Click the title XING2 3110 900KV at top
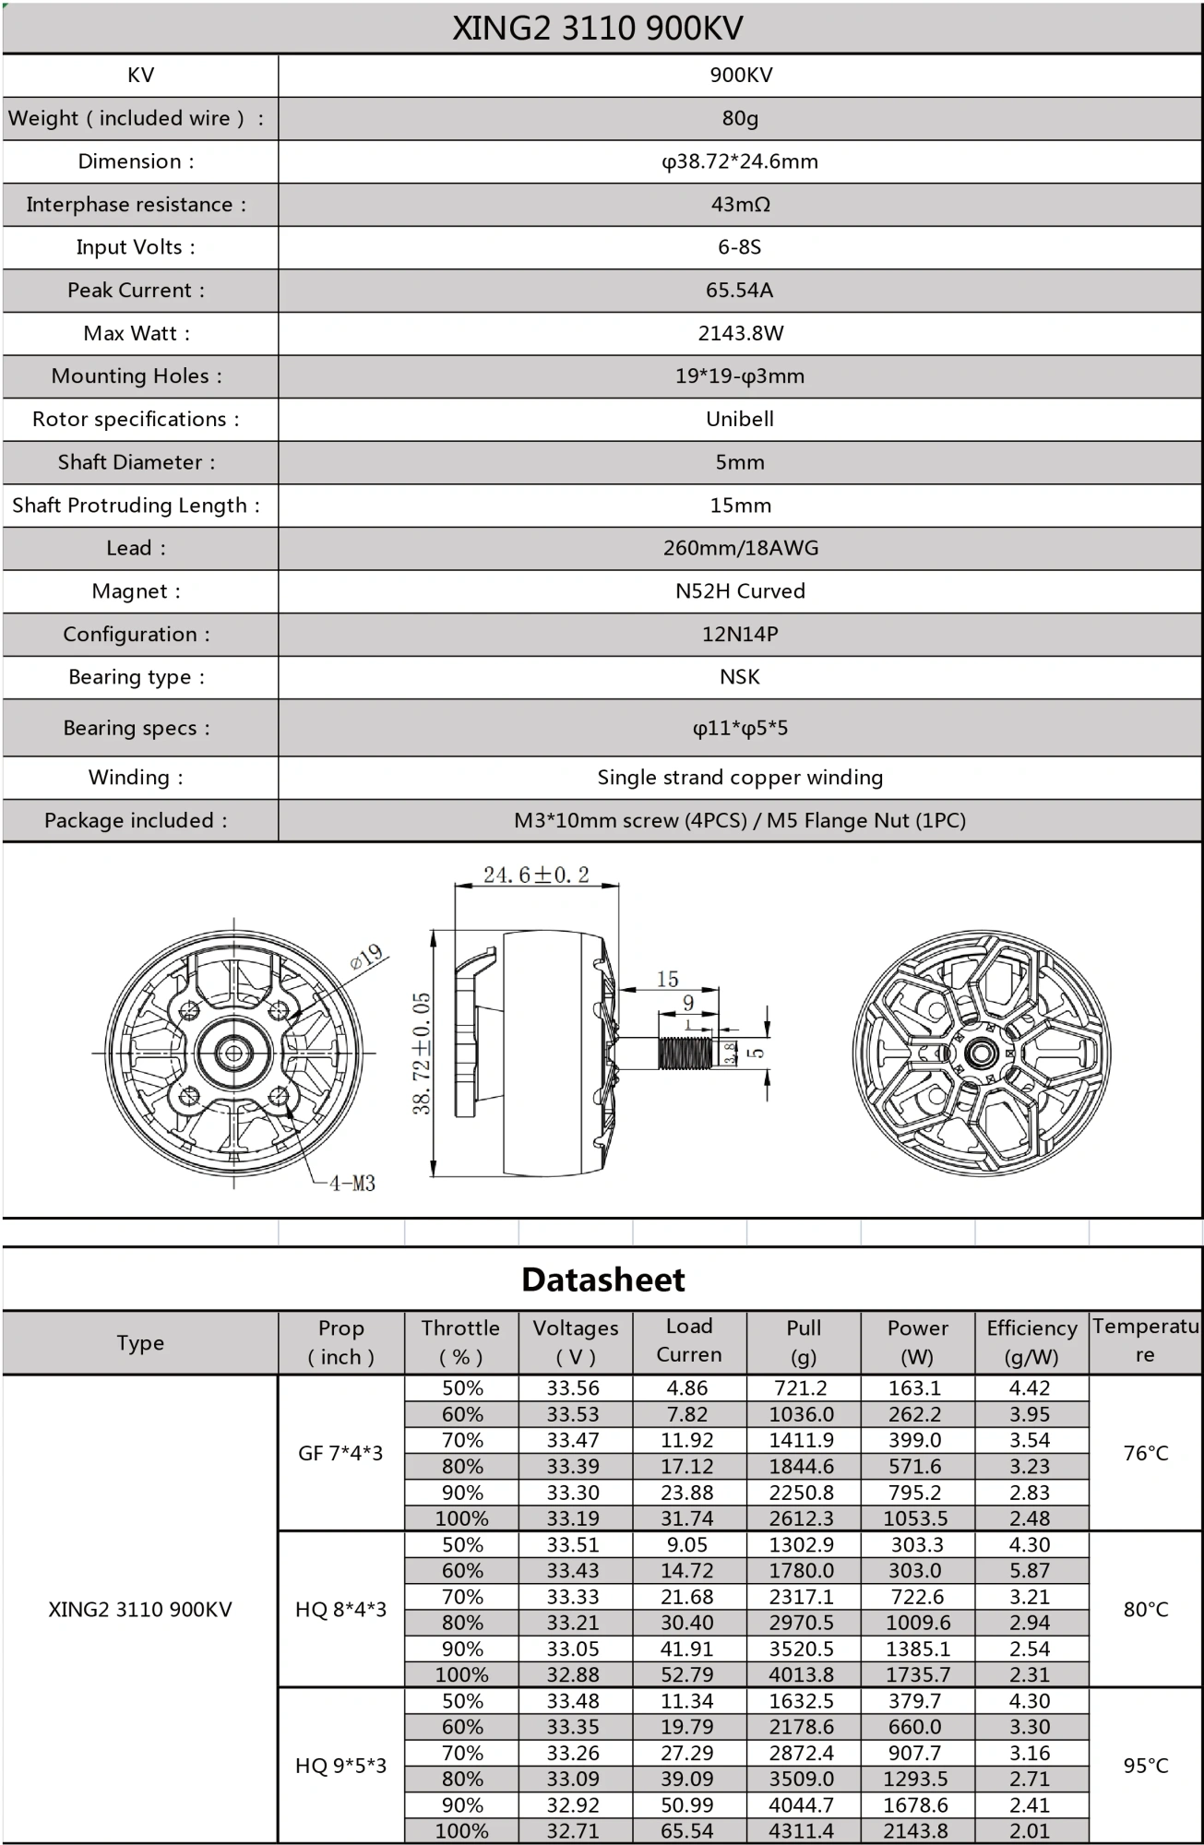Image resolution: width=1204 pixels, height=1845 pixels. coord(597,29)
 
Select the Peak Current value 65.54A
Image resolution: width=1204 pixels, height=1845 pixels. coord(739,291)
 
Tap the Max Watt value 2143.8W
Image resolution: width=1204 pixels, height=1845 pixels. coord(740,333)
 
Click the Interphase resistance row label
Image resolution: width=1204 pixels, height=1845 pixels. coord(137,205)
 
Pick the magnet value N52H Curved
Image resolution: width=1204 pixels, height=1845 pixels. coord(740,591)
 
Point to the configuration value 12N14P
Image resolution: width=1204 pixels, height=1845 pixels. coord(740,635)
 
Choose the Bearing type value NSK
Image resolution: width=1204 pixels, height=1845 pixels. coord(740,677)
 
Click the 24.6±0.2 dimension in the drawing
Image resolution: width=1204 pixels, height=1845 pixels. coord(536,875)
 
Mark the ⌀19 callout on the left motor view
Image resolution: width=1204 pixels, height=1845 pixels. coord(366,956)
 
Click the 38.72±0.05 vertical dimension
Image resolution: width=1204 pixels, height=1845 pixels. coord(422,1053)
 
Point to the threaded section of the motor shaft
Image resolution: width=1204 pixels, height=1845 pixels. coord(684,1053)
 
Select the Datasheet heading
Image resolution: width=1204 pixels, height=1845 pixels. coord(602,1280)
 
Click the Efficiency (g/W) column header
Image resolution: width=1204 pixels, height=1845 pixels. coord(1031,1342)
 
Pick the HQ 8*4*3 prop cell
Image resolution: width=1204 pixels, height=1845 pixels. coord(340,1610)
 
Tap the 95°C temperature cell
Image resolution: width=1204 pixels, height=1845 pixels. coord(1146,1766)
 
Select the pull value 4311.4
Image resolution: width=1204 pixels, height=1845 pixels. coord(802,1831)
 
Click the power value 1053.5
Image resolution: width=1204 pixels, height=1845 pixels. coord(916,1518)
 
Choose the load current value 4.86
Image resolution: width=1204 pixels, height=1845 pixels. coord(687,1388)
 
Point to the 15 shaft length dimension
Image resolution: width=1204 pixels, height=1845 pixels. coord(667,979)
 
